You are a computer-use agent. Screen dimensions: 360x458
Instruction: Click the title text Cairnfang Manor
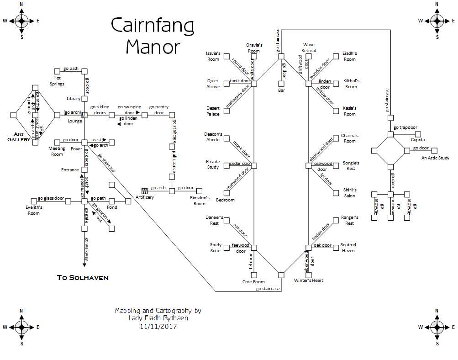(153, 36)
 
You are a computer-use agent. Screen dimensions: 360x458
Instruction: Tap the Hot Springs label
(57, 81)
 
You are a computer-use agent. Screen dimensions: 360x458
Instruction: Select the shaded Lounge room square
(84, 115)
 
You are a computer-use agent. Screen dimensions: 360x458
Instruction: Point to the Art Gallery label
(19, 137)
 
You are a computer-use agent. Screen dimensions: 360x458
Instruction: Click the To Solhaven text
(83, 277)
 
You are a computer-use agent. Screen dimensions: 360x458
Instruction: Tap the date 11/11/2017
(158, 327)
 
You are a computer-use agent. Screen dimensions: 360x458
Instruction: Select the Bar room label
(281, 90)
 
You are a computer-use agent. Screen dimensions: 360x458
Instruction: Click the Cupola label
(417, 140)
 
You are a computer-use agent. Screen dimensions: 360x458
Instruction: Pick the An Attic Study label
(435, 158)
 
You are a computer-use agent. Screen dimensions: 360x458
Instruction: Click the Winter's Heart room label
(308, 281)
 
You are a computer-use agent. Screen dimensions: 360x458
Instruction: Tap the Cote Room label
(253, 282)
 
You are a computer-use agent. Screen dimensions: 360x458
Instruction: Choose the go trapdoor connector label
(405, 127)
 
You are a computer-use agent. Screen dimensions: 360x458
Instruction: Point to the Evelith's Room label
(34, 210)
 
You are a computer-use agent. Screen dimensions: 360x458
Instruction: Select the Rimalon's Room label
(199, 201)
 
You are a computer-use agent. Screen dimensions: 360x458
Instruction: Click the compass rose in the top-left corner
(21, 21)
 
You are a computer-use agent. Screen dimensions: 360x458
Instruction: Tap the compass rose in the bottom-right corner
(437, 327)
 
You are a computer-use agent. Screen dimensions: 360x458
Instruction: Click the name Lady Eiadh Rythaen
(158, 319)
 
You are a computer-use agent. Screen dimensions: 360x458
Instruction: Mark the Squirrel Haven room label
(348, 248)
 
